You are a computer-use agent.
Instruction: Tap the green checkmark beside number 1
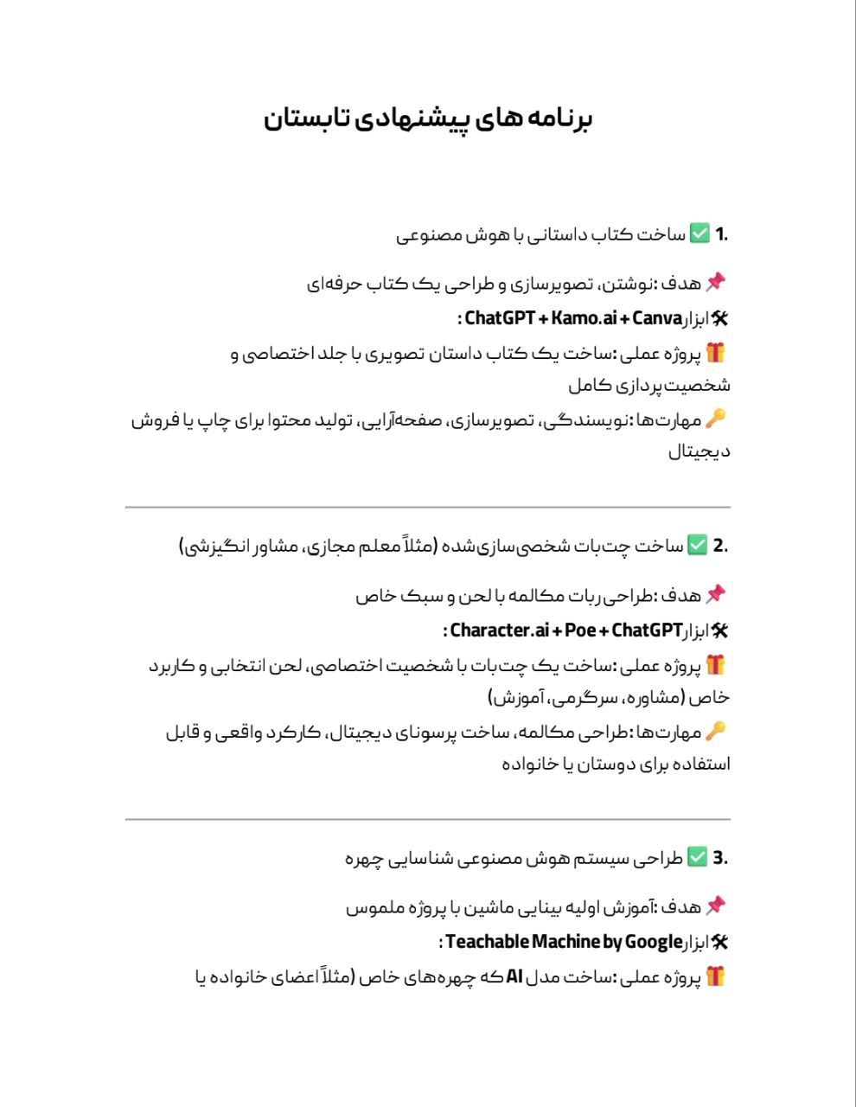pyautogui.click(x=699, y=234)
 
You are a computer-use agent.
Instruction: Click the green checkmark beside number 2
pyautogui.click(x=697, y=546)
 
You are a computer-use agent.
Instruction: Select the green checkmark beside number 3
pyautogui.click(x=697, y=858)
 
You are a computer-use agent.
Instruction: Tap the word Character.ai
pyautogui.click(x=490, y=630)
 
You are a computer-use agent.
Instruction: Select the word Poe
pyautogui.click(x=579, y=630)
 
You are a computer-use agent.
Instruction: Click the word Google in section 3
pyautogui.click(x=654, y=942)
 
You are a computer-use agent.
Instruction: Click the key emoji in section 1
pyautogui.click(x=715, y=419)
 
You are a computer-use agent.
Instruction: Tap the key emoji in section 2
pyautogui.click(x=715, y=731)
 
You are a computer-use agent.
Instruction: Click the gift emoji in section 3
pyautogui.click(x=715, y=976)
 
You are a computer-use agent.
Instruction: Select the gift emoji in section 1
pyautogui.click(x=715, y=353)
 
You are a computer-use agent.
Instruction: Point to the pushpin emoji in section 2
pyautogui.click(x=715, y=594)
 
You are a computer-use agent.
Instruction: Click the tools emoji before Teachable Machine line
pyautogui.click(x=719, y=942)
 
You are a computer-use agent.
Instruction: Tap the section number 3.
pyautogui.click(x=719, y=858)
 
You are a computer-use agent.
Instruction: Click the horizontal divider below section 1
pyautogui.click(x=427, y=508)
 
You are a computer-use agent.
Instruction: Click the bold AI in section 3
pyautogui.click(x=514, y=976)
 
